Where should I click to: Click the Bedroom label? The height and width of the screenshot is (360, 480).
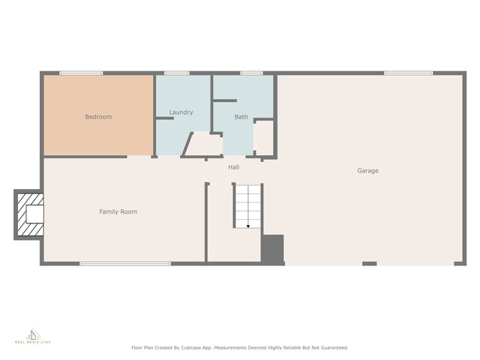98,117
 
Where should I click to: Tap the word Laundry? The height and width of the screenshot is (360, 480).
181,112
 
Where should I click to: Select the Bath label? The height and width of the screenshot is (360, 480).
241,117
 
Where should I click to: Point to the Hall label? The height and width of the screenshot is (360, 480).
233,167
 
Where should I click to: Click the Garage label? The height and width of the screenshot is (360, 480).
367,170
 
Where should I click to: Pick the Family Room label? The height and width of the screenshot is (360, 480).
118,211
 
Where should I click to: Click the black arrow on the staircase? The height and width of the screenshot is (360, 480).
248,226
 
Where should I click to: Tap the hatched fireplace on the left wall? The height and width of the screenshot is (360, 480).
30,214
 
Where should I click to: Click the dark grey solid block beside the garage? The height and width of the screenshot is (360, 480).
272,249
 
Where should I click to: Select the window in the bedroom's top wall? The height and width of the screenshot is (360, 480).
81,73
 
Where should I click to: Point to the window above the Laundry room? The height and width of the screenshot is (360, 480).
177,73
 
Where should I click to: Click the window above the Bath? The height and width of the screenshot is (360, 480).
251,73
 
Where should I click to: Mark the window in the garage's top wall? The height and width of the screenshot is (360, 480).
408,73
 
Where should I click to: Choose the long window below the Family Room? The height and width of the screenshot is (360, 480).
125,263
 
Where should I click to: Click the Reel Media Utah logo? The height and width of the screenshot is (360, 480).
33,336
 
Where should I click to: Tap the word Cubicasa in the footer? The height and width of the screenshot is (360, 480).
192,348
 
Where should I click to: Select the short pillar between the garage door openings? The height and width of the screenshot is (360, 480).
370,263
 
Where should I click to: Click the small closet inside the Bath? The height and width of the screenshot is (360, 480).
264,138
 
